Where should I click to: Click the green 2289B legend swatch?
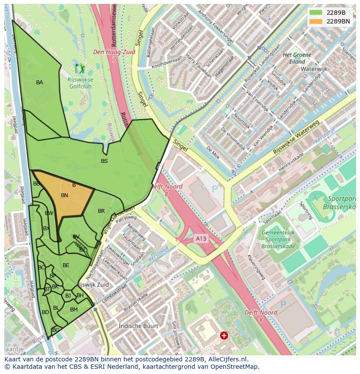316,13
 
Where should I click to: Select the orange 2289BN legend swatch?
316,21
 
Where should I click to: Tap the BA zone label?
40,83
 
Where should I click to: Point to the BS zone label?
104,161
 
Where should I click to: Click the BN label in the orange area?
64,195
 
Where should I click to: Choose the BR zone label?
101,212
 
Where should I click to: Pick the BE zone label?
66,265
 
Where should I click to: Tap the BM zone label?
74,310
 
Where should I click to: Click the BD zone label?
45,312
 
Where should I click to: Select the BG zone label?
56,330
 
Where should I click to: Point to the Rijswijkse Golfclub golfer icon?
80,68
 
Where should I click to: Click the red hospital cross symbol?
224,335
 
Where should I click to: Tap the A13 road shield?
201,238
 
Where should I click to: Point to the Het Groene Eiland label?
297,58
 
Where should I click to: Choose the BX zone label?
47,228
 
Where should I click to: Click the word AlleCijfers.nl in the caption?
226,359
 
